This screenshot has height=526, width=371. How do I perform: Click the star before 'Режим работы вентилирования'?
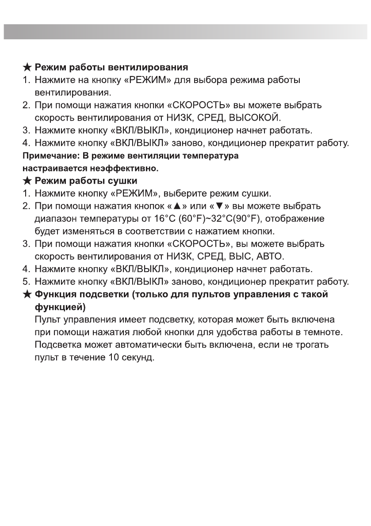27,68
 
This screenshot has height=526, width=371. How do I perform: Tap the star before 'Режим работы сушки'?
27,181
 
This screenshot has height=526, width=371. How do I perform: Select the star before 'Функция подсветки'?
27,295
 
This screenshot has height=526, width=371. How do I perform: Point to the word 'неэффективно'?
127,168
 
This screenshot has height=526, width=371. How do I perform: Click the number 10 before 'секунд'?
112,357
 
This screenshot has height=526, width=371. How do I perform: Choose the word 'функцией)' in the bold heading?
60,307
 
